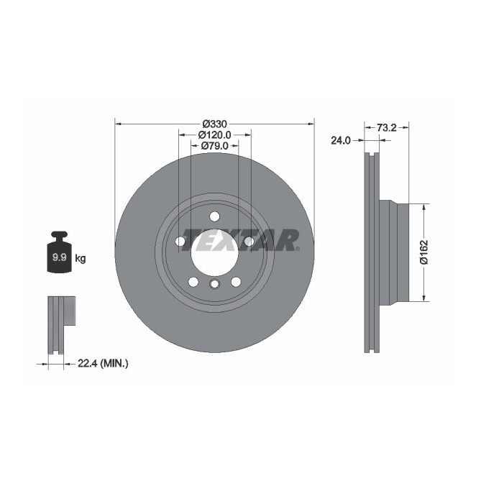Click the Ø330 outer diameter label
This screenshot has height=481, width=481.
(x=214, y=124)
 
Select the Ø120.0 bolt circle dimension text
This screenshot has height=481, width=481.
(x=214, y=134)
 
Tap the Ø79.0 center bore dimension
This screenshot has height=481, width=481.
(x=214, y=145)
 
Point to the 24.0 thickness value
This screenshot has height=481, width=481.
(x=341, y=141)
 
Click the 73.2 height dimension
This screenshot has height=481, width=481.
(x=387, y=127)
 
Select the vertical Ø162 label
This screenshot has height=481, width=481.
(x=424, y=252)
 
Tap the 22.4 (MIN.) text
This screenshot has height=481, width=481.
(x=103, y=364)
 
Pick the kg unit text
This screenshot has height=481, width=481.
(x=81, y=258)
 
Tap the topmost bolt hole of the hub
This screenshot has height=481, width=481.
(x=214, y=216)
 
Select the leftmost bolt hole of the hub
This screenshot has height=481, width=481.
(x=180, y=242)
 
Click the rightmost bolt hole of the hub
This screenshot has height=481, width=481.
(x=248, y=242)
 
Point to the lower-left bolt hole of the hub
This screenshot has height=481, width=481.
(x=193, y=281)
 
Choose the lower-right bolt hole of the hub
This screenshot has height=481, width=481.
(x=235, y=281)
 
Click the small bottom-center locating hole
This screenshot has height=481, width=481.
(x=214, y=285)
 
